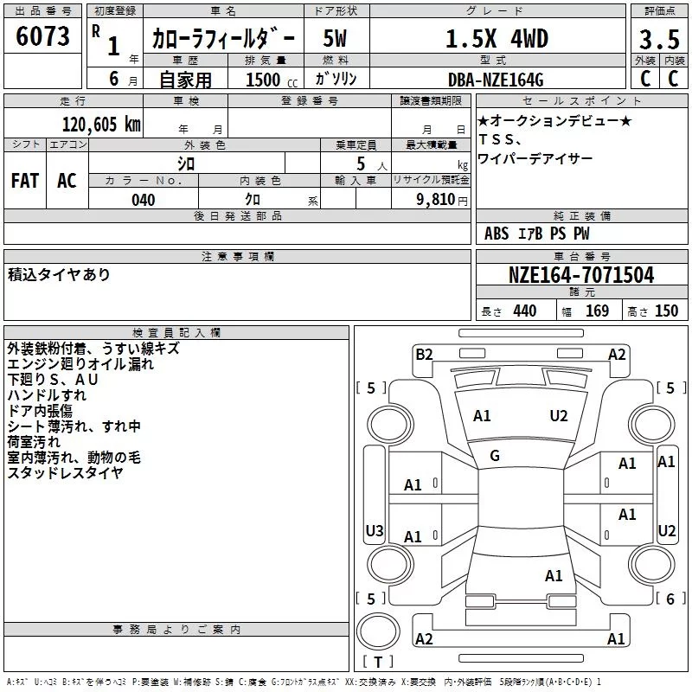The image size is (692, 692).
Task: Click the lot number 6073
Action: pos(42,36)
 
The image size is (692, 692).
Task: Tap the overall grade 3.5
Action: pos(659,39)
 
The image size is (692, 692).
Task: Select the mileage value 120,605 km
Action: pos(101,125)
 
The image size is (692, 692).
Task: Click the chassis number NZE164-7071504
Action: pos(581,275)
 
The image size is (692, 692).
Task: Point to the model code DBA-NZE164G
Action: pos(495,80)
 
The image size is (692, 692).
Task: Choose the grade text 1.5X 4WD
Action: pos(497,39)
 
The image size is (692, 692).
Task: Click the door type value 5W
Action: pos(335,38)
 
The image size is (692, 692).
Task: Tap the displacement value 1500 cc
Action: pos(272,80)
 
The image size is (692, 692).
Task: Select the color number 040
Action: pos(143,200)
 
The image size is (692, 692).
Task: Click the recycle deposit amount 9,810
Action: pos(436,200)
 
